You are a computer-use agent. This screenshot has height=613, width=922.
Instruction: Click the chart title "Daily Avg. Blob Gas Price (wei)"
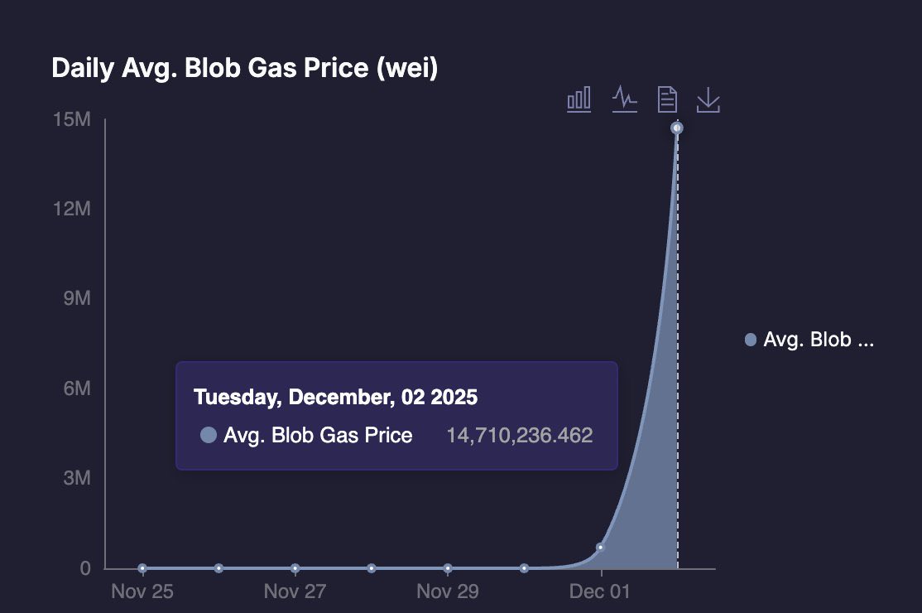244,68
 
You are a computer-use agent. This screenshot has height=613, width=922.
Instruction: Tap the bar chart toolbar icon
579,99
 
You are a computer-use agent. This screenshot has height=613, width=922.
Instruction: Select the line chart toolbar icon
624,99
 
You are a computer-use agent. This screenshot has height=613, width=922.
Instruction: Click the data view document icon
667,99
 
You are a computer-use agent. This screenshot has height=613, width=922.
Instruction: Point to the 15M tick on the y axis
72,120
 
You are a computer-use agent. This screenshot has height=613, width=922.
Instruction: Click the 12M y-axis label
72,209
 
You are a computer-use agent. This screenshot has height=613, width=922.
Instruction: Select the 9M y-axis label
76,298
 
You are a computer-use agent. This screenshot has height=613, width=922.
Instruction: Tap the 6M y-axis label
76,389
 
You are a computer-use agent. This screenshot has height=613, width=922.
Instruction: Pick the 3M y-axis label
76,479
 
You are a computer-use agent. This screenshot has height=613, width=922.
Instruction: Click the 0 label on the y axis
85,568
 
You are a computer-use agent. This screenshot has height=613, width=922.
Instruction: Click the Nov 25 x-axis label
142,591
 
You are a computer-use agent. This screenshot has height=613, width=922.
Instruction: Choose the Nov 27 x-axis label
295,591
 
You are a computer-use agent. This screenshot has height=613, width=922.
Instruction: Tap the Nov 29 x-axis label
447,591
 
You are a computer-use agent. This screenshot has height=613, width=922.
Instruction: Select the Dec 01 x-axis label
600,591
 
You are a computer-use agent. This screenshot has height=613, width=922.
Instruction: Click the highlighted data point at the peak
677,128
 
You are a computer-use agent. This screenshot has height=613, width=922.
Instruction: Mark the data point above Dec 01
600,548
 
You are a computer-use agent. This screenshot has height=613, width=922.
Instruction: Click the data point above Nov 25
142,568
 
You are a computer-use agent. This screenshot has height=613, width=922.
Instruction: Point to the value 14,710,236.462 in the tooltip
520,436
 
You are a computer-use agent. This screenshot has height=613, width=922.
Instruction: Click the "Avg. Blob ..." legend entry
809,340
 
